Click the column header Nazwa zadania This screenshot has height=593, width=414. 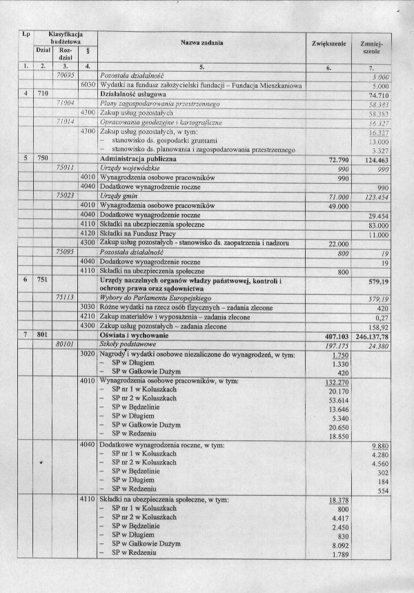[202, 42]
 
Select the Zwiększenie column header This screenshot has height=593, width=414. [328, 43]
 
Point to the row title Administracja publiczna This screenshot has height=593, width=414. [135, 159]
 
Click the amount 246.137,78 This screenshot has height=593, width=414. [376, 335]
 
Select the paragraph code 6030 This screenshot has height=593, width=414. [88, 84]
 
